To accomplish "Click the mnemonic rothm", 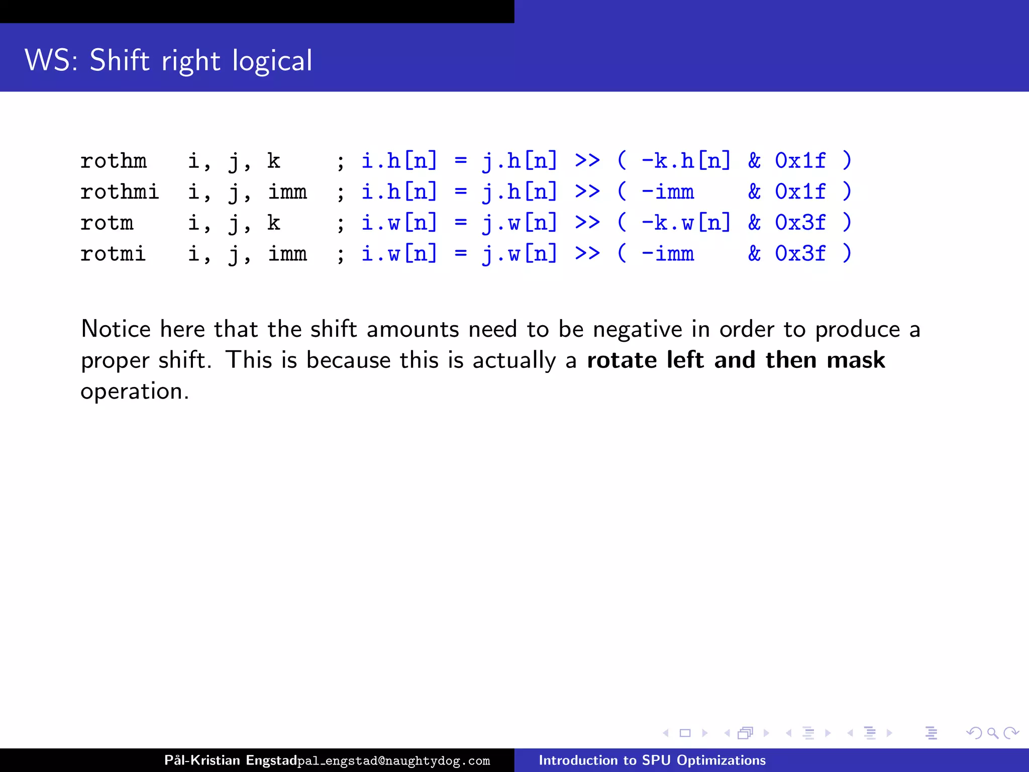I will [x=114, y=161].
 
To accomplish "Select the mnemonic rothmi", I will [x=120, y=192].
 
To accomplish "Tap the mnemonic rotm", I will [x=107, y=223].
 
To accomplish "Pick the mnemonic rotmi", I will [x=113, y=254].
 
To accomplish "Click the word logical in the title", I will [x=272, y=61].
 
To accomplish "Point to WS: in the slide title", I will [x=51, y=61].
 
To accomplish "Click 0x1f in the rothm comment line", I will [x=800, y=161].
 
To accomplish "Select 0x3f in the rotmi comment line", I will [x=800, y=254].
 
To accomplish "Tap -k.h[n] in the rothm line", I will [x=686, y=161].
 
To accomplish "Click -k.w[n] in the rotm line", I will [x=686, y=223].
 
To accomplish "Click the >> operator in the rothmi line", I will [x=587, y=192].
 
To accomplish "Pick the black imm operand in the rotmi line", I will [x=287, y=254].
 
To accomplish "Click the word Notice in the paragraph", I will [x=116, y=329].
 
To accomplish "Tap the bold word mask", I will [x=856, y=360].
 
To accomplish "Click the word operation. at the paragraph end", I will [x=135, y=392].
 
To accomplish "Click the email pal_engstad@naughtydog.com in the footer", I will [x=393, y=761].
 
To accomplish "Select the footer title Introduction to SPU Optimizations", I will [x=652, y=760].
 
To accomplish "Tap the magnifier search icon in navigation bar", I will [x=992, y=733].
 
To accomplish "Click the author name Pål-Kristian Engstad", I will [x=231, y=760].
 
